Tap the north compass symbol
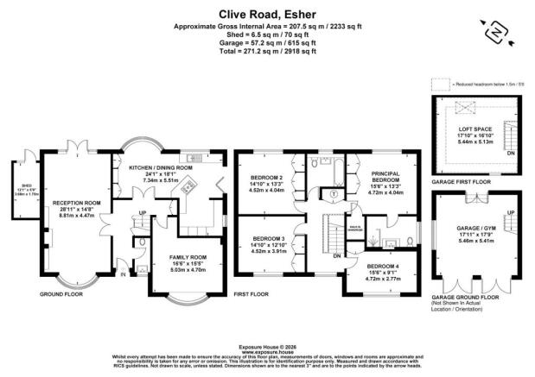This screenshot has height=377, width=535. pyautogui.click(x=493, y=33)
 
